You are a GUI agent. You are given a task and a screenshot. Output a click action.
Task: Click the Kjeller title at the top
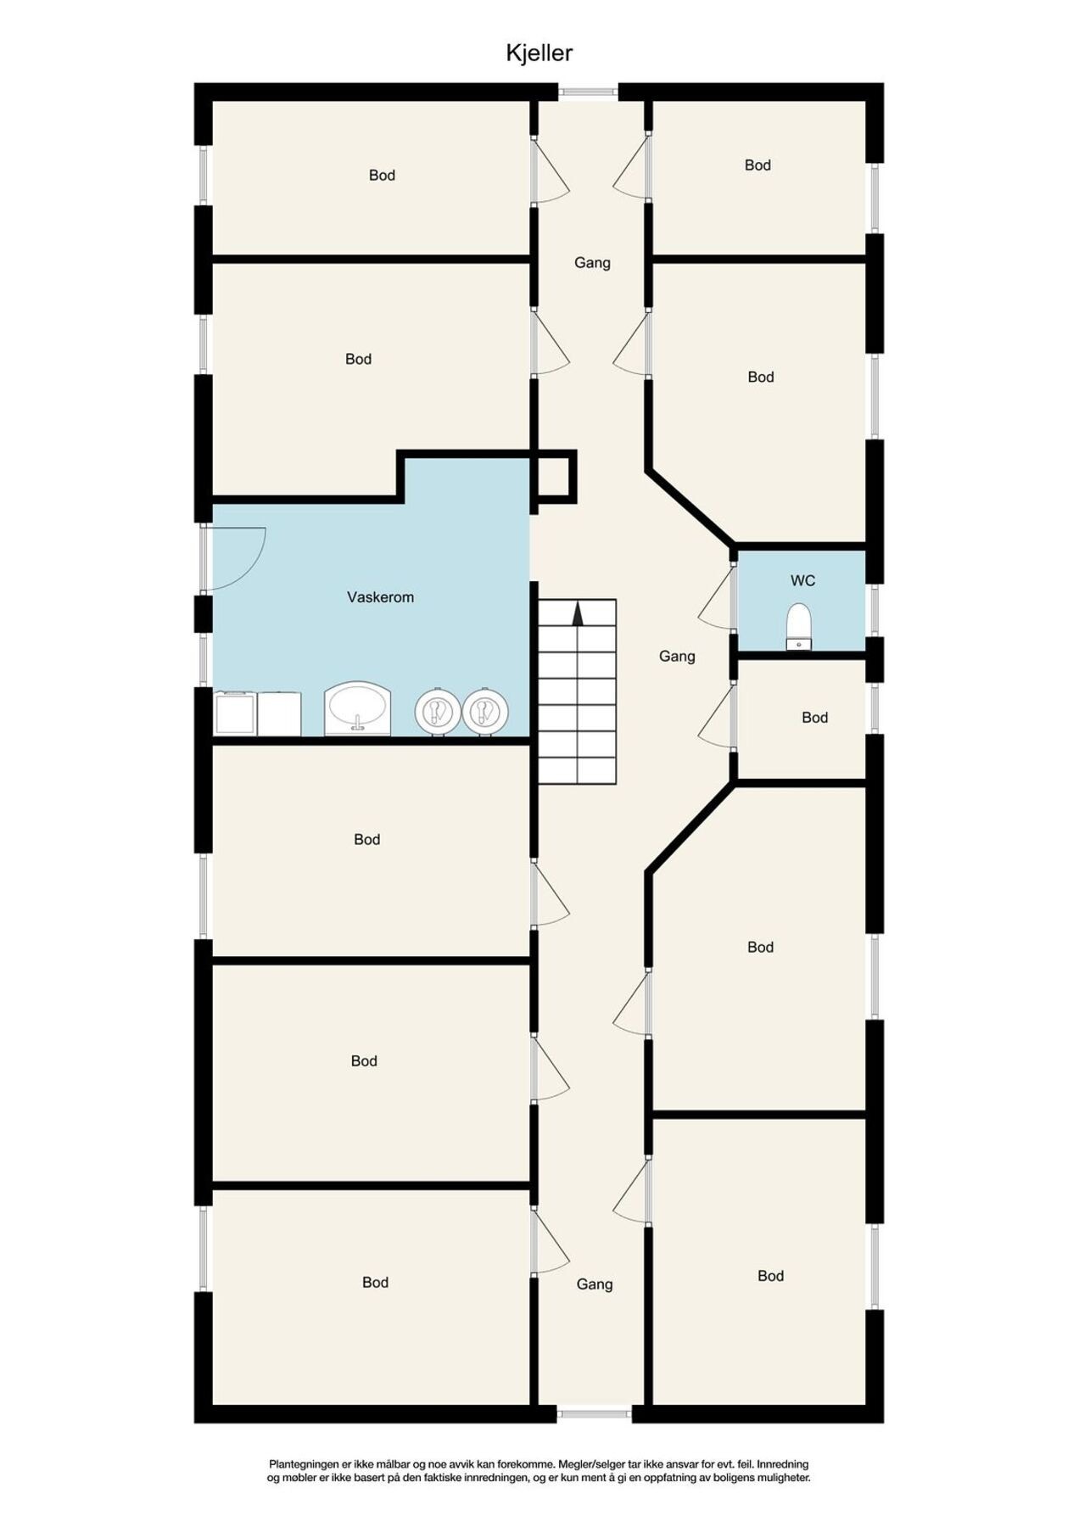point(539,53)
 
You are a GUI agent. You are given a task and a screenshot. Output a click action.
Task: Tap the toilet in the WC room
point(798,626)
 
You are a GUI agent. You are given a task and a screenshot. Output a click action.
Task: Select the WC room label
point(802,581)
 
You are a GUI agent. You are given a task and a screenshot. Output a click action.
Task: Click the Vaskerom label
point(380,597)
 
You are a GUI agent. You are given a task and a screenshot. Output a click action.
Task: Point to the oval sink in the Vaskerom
point(357,708)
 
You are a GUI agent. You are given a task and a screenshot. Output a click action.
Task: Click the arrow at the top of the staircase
point(578,613)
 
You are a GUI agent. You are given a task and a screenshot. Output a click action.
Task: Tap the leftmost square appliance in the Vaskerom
point(235,713)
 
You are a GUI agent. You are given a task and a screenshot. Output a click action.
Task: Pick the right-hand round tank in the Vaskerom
point(485,710)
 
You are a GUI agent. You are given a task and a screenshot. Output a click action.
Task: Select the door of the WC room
point(717,597)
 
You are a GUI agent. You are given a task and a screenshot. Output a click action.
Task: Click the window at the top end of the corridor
point(588,91)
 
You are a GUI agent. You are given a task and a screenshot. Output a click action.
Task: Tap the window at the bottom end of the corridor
point(594,1412)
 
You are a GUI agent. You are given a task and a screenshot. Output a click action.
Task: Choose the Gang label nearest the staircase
point(677,656)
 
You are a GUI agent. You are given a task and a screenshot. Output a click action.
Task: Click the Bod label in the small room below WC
point(814,718)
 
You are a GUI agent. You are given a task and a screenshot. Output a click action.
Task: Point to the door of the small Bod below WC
point(717,717)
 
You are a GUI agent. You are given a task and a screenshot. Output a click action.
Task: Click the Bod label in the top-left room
point(382,176)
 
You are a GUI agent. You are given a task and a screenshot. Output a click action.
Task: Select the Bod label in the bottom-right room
point(770,1276)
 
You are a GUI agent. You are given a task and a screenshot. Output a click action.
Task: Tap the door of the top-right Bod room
point(632,169)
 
